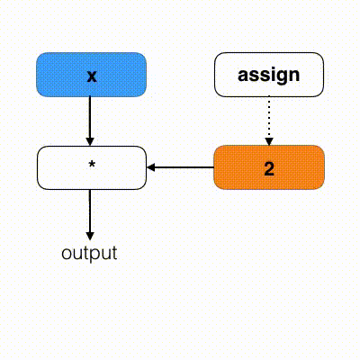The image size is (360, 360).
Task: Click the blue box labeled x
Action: point(91,75)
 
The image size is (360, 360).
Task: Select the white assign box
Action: point(269,75)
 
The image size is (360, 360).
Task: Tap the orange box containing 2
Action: point(269,167)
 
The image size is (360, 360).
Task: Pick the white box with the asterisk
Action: point(92,167)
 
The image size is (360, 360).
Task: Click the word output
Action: point(89,254)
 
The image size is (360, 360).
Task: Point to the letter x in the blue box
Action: point(92,76)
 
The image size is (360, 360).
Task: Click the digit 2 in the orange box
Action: point(269,168)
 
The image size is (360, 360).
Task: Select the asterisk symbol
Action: point(92,164)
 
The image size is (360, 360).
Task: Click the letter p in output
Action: point(92,256)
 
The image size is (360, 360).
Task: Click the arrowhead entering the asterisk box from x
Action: point(90,141)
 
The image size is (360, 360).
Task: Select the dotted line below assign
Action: point(269,118)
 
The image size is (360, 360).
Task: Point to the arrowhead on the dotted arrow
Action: point(269,142)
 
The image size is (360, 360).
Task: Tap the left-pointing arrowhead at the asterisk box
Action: point(150,167)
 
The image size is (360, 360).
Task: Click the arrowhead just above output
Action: point(90,237)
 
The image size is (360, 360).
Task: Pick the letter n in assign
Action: point(294,75)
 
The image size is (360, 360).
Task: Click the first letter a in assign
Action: point(243,76)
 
